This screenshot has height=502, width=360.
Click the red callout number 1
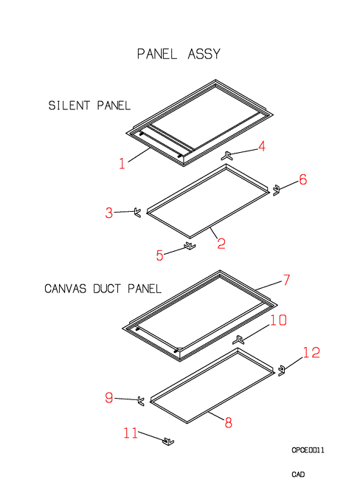(122, 163)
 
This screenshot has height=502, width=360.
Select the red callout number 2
(221, 244)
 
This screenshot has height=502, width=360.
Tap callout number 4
(262, 146)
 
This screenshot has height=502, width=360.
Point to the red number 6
(302, 179)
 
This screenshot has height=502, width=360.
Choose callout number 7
(286, 280)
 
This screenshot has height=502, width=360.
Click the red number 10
(278, 320)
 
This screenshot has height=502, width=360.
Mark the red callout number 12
(311, 352)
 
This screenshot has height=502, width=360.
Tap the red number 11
(131, 433)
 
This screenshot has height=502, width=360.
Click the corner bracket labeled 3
(137, 213)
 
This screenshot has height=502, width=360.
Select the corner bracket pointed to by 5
(190, 246)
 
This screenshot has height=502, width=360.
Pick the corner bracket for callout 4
(226, 156)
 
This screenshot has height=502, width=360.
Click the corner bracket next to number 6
(276, 190)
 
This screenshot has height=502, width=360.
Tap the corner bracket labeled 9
(141, 401)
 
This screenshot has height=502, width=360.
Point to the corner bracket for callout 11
(168, 441)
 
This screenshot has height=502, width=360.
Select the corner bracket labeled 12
(281, 371)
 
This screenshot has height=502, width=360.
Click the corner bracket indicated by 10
(238, 340)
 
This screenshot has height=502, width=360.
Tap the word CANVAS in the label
(65, 289)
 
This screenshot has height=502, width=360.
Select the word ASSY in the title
(204, 54)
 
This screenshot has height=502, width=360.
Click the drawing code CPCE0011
(308, 450)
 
